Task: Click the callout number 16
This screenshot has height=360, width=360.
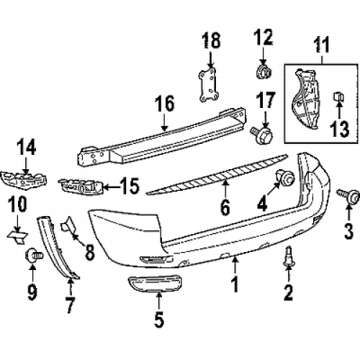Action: click(x=164, y=104)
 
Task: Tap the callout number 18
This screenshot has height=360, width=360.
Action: click(x=211, y=40)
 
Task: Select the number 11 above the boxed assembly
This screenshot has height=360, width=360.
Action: click(x=322, y=45)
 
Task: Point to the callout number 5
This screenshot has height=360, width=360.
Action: click(x=159, y=319)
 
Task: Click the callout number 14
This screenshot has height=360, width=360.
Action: click(x=27, y=148)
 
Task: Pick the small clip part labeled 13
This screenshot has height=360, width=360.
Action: click(x=338, y=96)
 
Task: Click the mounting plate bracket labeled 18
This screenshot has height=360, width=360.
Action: click(x=208, y=84)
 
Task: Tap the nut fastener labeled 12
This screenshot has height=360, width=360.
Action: click(x=264, y=72)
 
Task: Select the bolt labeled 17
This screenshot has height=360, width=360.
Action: click(x=262, y=136)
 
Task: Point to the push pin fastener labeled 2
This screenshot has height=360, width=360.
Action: click(x=289, y=256)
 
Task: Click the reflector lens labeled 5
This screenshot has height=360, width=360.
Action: click(x=156, y=284)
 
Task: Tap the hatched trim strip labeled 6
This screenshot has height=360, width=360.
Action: click(x=217, y=174)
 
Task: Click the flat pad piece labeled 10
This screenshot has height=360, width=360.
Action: click(x=18, y=236)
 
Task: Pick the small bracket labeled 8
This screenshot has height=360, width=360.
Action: click(x=68, y=224)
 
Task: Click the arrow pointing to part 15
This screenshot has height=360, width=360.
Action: click(x=112, y=186)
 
